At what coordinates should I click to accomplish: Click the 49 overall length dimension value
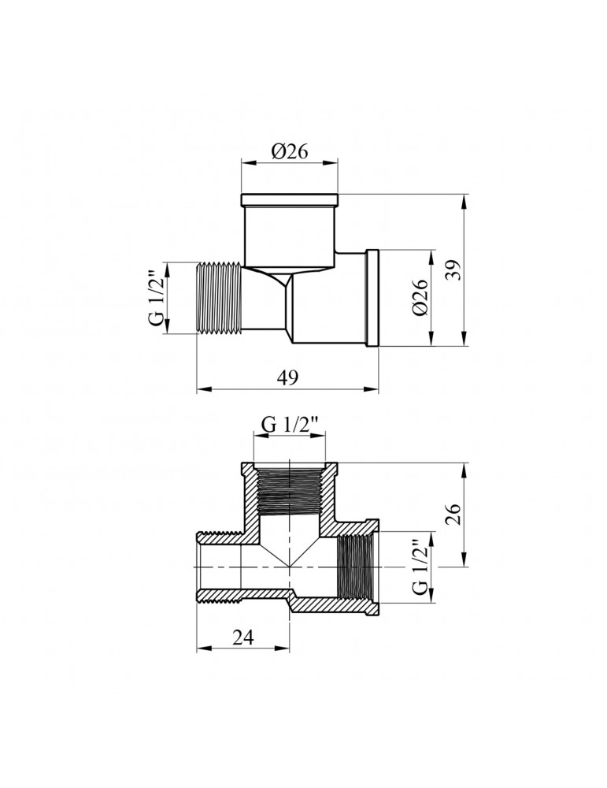point(288,377)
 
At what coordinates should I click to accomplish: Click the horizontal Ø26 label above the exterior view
point(289,153)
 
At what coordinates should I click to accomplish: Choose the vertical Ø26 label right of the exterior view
point(420,299)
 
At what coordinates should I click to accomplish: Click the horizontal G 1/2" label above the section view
point(290,425)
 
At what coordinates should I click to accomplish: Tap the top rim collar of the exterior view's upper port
point(290,198)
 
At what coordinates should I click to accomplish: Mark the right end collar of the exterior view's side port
point(373,298)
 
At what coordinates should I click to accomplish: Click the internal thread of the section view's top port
point(290,488)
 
